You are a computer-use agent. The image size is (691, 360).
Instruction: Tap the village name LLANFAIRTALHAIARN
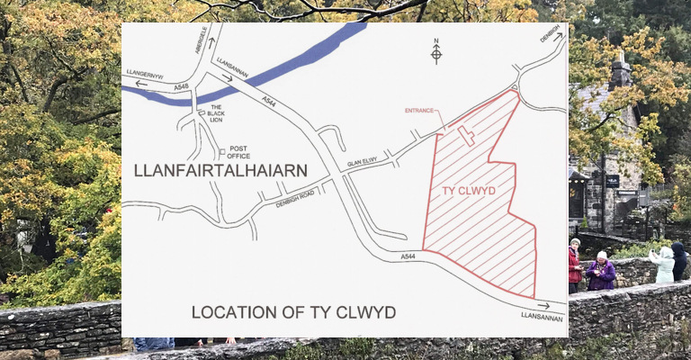tap(220, 170)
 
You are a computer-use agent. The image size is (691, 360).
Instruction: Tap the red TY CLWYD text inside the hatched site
tap(470, 191)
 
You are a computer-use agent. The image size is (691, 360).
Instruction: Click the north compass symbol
tap(436, 52)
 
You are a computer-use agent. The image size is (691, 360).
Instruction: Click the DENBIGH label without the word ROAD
tap(550, 34)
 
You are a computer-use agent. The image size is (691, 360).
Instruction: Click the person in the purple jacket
tap(600, 273)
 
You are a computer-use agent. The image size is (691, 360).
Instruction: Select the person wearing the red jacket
tap(574, 265)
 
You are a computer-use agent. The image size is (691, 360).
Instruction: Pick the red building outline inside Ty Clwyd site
tap(466, 136)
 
